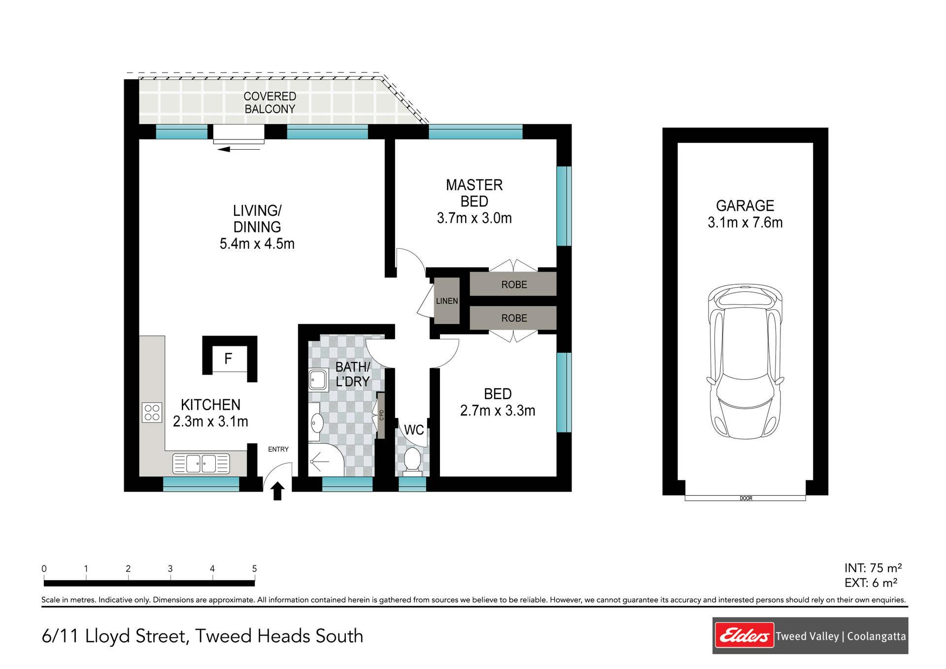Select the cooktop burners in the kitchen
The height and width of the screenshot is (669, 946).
point(152,412)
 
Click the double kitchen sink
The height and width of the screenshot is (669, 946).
point(201,463)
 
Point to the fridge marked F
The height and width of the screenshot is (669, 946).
point(228,359)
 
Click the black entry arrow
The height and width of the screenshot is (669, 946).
point(277,491)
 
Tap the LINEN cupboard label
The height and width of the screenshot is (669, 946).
point(447,301)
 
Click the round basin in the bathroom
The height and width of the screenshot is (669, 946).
point(317,422)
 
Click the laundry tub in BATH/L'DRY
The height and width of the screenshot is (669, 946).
point(319,380)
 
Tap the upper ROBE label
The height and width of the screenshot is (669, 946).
point(514,285)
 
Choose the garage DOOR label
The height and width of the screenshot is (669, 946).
point(746,498)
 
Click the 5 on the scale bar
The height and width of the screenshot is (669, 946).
point(254,569)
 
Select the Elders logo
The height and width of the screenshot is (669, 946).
point(744,636)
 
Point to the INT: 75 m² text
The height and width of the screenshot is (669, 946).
point(873,569)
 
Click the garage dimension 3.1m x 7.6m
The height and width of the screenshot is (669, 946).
point(745,223)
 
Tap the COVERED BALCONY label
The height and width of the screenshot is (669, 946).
point(270,102)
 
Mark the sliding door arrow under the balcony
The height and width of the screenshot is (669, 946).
point(238,149)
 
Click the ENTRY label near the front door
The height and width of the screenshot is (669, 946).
point(278,449)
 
